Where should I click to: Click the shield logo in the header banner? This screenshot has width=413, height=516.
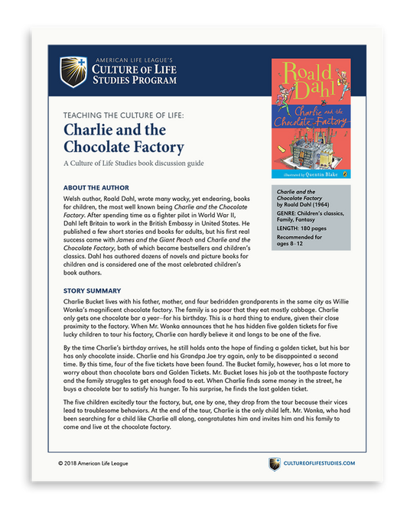pos(73,70)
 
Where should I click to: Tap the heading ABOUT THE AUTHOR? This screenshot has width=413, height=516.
pos(96,188)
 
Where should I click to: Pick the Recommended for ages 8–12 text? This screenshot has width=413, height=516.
pos(301,240)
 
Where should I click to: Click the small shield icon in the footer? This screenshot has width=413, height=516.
pos(275,463)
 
